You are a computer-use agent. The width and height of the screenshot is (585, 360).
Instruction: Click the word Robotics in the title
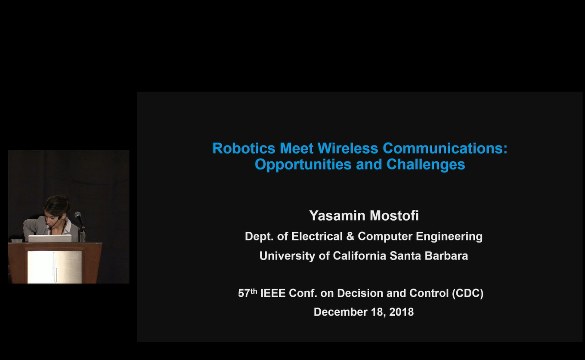(x=244, y=148)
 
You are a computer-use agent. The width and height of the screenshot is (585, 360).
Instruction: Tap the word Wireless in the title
(x=348, y=148)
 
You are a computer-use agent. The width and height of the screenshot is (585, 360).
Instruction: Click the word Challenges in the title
(x=426, y=165)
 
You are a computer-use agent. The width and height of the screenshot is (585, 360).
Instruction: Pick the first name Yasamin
(x=337, y=216)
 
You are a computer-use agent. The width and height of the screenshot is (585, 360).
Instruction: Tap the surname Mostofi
(x=394, y=216)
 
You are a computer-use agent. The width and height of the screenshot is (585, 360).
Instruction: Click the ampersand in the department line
(x=350, y=237)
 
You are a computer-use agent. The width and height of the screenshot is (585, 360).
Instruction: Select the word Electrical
(x=317, y=237)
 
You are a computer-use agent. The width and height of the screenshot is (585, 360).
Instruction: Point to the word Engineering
(x=449, y=237)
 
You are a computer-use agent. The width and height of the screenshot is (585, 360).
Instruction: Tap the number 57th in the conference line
(x=248, y=293)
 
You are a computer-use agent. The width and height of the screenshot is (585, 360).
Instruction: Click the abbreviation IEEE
(x=273, y=293)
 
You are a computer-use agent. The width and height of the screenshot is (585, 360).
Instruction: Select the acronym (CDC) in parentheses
(x=467, y=293)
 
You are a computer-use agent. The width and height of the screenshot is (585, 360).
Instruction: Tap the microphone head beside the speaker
(x=78, y=215)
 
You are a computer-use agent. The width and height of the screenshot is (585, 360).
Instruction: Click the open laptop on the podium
(x=50, y=238)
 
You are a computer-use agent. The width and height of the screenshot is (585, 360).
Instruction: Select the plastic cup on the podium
(x=17, y=241)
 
